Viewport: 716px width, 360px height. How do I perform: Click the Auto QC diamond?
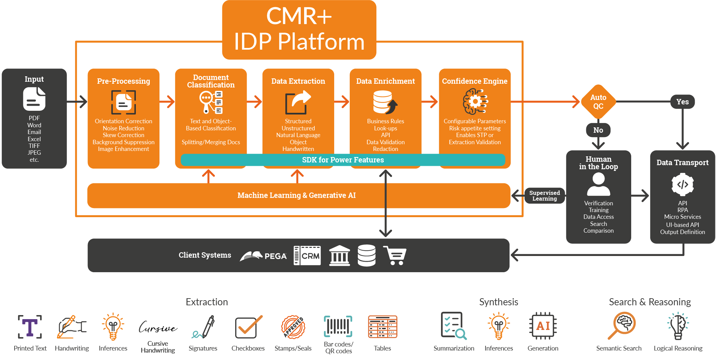598,102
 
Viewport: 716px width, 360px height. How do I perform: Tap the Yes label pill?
682,102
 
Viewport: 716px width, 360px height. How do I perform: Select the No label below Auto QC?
598,130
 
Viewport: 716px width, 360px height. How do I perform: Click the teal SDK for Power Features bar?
343,160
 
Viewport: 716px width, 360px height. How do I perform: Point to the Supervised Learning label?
544,196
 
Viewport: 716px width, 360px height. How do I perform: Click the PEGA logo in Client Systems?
263,256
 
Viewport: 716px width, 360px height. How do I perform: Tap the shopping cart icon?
395,256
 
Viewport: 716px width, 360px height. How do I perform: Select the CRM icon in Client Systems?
307,256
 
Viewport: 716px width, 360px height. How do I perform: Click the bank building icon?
339,256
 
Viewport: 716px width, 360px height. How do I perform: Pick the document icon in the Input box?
34,99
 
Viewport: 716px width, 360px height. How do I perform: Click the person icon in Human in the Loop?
598,184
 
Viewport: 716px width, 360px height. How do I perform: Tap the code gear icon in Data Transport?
682,184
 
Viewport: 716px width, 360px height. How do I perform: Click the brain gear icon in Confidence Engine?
475,102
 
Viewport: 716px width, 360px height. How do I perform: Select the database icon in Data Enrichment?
385,102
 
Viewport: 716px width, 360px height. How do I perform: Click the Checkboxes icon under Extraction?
248,327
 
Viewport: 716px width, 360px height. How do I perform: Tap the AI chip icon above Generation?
543,326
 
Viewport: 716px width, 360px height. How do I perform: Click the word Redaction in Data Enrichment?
385,149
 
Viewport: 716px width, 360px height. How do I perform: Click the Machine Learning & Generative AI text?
296,195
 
